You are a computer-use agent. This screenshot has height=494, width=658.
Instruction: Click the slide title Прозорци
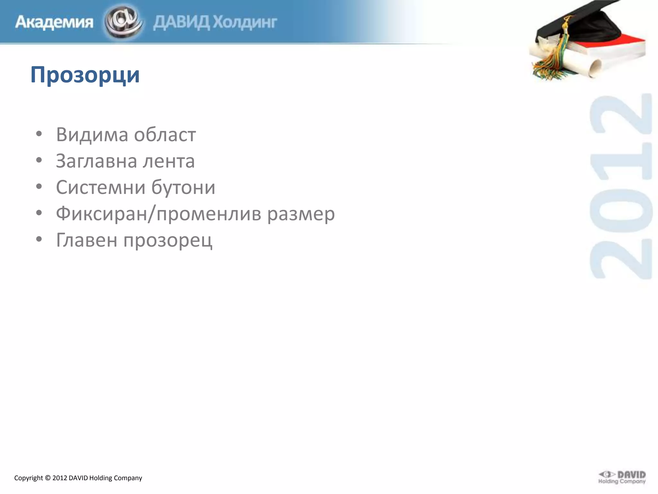85,75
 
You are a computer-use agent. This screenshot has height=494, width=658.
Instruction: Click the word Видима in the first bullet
92,134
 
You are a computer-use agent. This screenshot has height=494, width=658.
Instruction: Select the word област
165,134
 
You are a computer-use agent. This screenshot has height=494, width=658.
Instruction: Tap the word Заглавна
96,161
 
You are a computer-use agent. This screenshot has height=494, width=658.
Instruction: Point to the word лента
169,161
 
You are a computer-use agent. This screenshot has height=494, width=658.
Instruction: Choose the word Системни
101,188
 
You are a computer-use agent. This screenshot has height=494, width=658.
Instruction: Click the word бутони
183,188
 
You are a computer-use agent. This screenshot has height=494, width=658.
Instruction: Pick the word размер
301,214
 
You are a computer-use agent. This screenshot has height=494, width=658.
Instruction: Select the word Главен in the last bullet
86,240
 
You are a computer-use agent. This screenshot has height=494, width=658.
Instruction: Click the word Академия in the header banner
54,22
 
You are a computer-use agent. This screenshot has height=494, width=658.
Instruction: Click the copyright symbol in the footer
48,478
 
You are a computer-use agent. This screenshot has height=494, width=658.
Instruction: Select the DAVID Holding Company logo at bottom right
622,477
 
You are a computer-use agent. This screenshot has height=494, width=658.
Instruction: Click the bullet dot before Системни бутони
39,187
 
